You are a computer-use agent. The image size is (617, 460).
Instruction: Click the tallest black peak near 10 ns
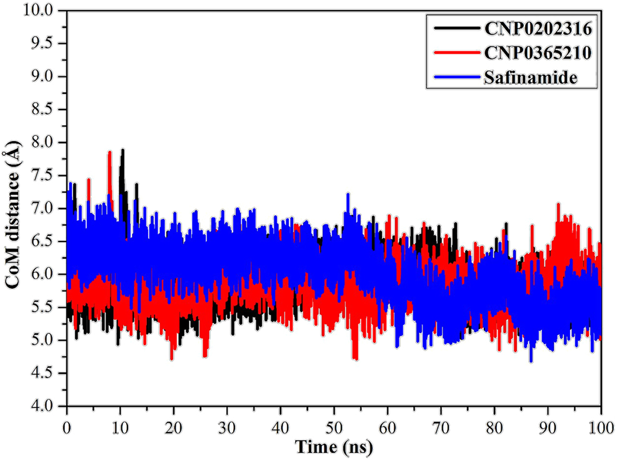click(x=123, y=151)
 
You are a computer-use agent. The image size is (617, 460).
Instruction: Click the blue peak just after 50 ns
click(x=348, y=195)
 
